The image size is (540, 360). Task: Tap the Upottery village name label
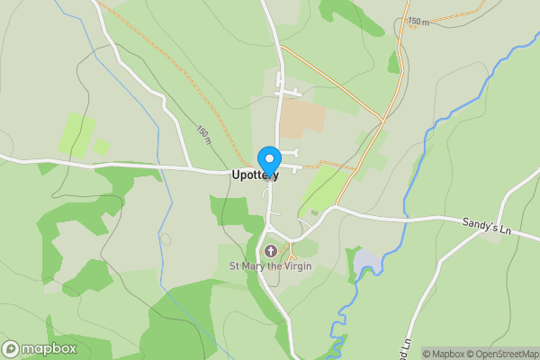coord(255,175)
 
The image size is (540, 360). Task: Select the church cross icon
coord(271,250)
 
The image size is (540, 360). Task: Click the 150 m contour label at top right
coord(418,20)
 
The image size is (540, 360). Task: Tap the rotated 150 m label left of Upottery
coord(203,134)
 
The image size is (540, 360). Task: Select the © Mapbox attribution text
coord(442,354)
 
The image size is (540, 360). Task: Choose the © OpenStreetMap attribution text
coord(500,354)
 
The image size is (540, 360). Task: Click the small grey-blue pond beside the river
coord(367,263)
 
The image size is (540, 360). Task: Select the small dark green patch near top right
coord(393,61)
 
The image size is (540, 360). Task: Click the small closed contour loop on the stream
coord(166,239)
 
